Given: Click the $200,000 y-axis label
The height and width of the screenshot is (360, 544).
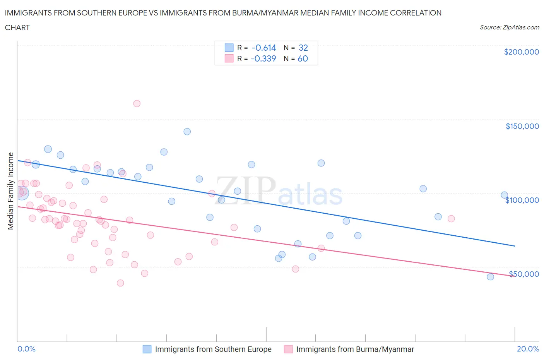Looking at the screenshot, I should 521,52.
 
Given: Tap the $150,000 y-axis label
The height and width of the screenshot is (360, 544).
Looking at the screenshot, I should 522,126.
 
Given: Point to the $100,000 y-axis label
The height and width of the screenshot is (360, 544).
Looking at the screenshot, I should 522,200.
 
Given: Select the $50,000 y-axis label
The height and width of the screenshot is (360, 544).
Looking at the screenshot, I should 523,274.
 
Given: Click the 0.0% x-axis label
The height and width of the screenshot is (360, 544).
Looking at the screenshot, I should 26,349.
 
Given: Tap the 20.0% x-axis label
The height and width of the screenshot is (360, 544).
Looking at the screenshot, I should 528,349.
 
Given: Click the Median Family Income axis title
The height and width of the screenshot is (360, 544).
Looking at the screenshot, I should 11,191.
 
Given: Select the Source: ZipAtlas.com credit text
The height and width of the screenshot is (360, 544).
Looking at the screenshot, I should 509,27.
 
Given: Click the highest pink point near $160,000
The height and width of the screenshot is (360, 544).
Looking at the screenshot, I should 137,103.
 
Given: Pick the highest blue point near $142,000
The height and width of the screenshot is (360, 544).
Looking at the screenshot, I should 187,132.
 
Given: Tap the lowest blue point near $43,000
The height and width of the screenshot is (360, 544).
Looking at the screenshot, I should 490,277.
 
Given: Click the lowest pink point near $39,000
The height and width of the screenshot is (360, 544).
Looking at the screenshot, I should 120,283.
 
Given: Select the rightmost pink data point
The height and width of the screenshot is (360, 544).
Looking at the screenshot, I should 451,219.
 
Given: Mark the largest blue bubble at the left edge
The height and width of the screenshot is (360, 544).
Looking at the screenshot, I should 22,192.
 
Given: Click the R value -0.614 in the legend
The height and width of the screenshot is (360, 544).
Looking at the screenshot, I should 263,48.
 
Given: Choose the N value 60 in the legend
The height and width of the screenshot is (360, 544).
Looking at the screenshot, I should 303,58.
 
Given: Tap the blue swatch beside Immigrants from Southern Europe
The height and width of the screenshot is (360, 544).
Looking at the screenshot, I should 147,349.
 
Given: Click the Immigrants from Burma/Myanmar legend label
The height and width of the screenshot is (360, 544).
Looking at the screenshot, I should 355,349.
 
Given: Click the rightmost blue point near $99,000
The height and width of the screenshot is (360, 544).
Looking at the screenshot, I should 504,195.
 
